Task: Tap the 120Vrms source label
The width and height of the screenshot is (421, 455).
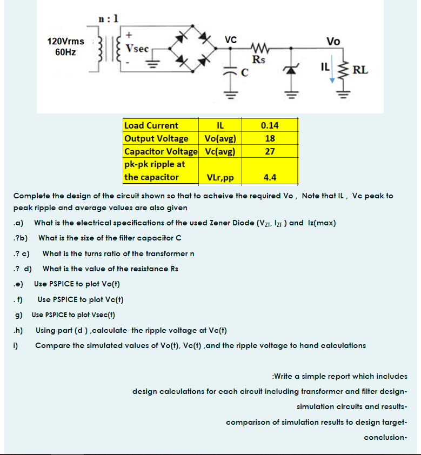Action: pos(65,42)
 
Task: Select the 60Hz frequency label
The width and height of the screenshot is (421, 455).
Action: pos(65,52)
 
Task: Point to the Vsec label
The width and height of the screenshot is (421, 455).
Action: pos(137,48)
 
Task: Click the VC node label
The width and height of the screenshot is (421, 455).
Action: pos(231,39)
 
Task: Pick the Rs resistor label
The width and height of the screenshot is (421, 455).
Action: pos(258,59)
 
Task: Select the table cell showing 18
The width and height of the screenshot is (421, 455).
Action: pos(270,138)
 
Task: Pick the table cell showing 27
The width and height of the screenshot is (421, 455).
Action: pos(270,151)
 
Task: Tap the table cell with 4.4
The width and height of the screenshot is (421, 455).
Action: pos(270,177)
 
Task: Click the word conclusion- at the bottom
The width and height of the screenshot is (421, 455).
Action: pos(385,437)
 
